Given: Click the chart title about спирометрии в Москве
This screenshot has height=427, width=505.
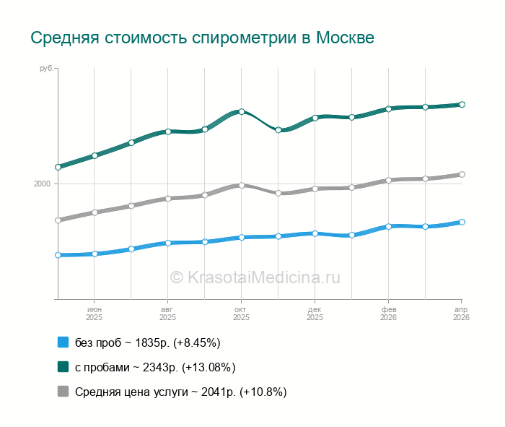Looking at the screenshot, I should pos(202,38).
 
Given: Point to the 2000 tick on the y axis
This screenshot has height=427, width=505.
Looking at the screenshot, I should pos(42,184).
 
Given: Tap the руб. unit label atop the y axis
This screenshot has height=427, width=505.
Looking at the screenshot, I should pos(45,69).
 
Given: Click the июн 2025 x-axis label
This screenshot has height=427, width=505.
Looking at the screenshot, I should pos(94,313).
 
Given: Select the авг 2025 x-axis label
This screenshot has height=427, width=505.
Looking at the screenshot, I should pos(167,313).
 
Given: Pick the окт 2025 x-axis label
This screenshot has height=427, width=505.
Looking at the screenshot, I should pos(241,313).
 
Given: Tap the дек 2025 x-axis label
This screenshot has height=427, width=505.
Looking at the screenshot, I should pos(315,313).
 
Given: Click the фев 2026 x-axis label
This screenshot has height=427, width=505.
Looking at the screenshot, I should pos(388,313).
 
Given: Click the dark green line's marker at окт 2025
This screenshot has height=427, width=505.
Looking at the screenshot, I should pos(242,111).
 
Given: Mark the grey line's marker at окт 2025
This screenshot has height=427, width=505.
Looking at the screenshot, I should pos(242,186).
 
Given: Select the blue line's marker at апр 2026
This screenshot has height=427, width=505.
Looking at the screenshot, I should pos(462,222).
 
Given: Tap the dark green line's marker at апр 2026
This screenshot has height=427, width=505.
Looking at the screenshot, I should pos(462,105).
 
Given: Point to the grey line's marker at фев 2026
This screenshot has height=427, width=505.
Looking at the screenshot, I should pos(388,180).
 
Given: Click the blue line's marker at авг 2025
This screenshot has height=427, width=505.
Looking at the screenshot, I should pos(167,243).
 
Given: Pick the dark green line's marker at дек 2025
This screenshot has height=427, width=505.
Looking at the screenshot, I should pos(315,117).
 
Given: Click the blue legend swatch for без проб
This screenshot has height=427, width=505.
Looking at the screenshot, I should pos(63,342).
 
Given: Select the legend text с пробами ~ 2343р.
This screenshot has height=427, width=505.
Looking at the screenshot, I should pos(155,367).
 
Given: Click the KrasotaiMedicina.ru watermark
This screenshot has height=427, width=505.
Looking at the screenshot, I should pos(254,277).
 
